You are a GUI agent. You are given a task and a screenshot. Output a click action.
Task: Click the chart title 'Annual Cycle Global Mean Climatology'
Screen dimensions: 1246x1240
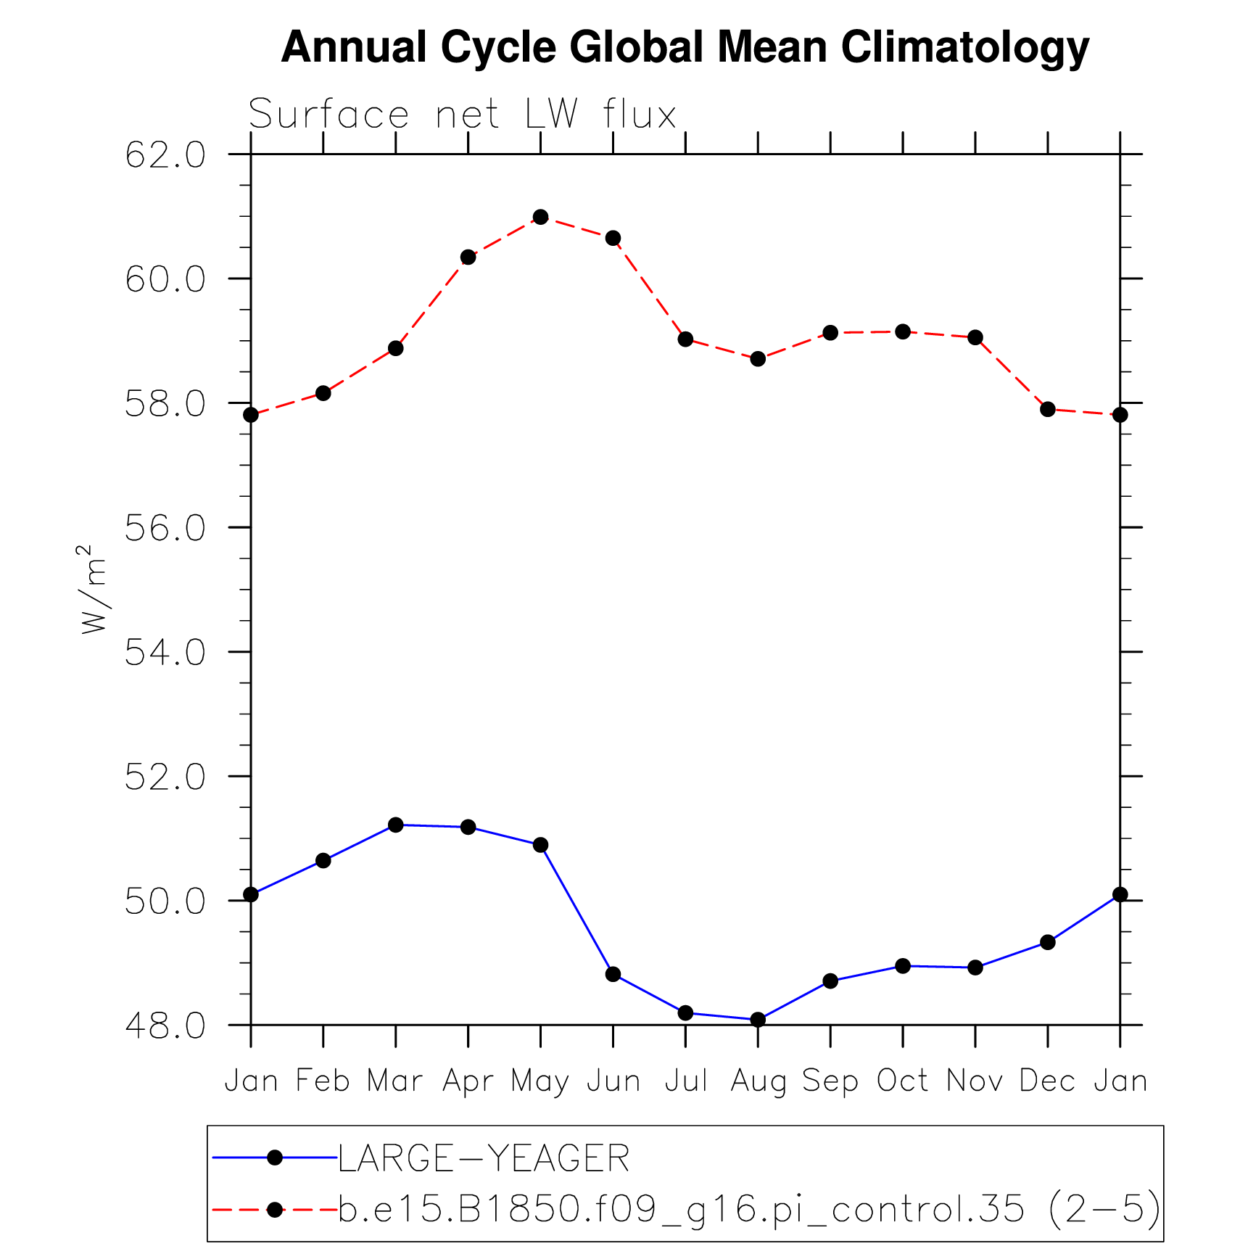(685, 48)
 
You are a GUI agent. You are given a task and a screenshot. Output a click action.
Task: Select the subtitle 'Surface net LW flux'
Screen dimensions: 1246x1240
(463, 115)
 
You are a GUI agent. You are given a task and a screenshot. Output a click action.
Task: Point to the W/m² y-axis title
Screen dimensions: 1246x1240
(94, 589)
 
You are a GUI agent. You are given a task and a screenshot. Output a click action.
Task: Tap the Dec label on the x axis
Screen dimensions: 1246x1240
(1047, 1081)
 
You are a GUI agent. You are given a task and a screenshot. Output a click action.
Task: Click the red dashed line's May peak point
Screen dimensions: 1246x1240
(540, 217)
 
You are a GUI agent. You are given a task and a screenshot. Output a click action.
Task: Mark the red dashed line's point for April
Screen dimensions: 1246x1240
(468, 257)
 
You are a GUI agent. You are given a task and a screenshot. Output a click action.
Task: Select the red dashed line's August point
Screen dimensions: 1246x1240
(758, 359)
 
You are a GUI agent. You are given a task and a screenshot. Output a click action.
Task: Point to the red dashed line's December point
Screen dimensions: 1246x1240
(1047, 409)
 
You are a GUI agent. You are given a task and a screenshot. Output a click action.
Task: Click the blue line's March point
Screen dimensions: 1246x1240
(395, 825)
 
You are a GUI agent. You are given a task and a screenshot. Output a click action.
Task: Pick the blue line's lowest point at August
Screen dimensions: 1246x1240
(758, 1020)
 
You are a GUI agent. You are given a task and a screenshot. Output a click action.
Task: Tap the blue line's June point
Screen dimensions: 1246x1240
(613, 974)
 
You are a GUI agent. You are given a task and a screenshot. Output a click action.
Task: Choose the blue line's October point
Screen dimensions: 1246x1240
(903, 966)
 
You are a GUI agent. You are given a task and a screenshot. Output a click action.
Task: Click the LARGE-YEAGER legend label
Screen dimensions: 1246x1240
(484, 1158)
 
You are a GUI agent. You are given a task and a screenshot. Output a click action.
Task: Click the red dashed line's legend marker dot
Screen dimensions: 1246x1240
(275, 1209)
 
